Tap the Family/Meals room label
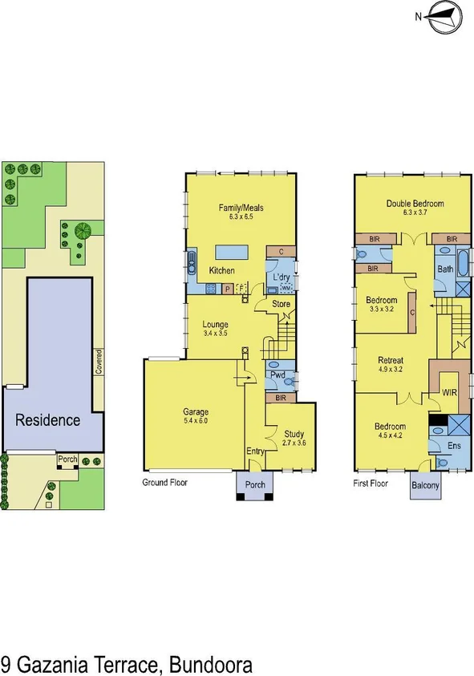click(x=241, y=208)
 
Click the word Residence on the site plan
click(x=49, y=419)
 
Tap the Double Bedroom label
click(x=415, y=204)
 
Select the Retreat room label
click(x=391, y=360)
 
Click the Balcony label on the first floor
click(x=426, y=485)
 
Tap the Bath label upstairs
click(x=444, y=269)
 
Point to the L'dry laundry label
click(x=282, y=277)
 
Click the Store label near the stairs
click(x=281, y=304)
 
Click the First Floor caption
click(x=371, y=484)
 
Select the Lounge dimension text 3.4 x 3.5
click(x=216, y=332)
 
